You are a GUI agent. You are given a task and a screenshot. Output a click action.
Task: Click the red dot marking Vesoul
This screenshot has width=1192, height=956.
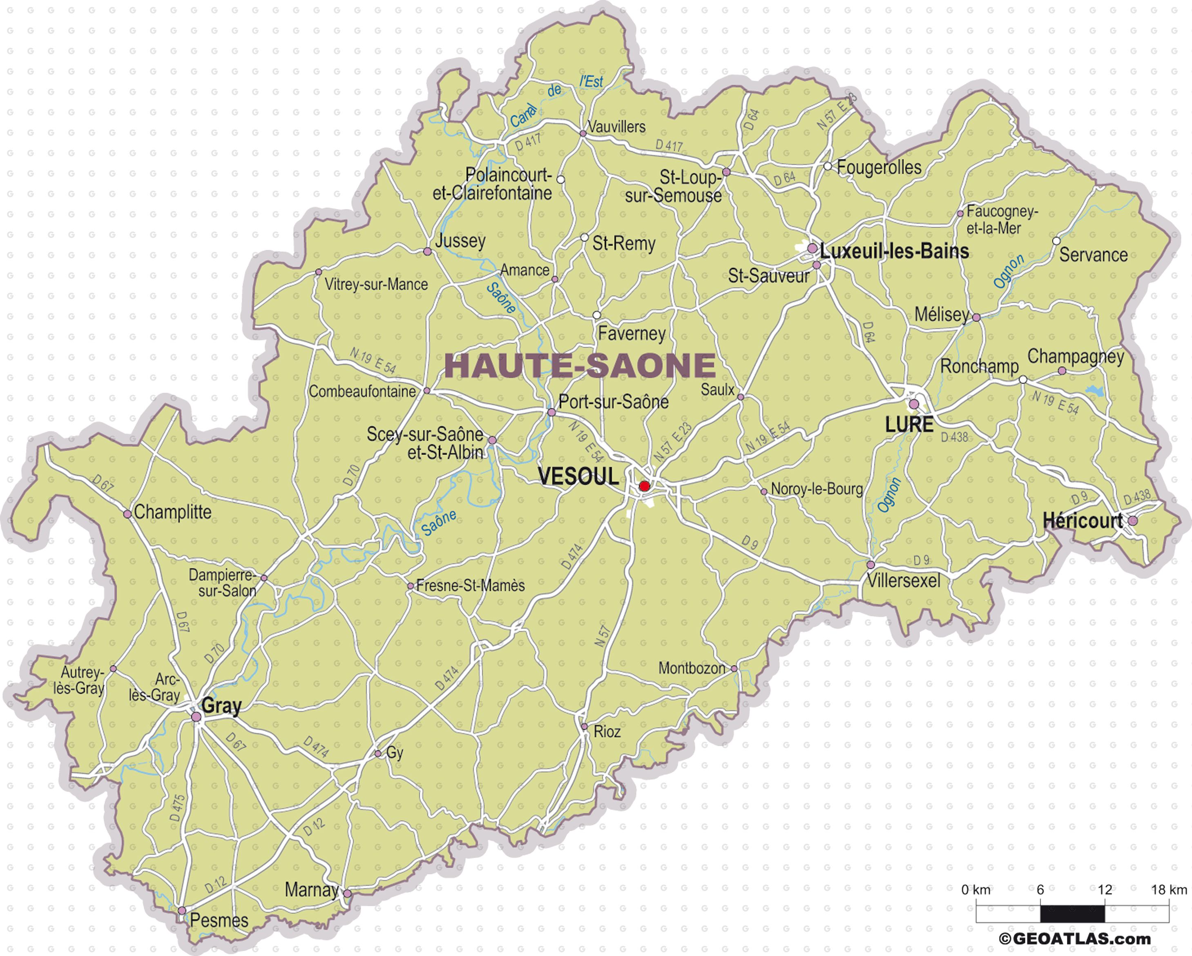(x=644, y=486)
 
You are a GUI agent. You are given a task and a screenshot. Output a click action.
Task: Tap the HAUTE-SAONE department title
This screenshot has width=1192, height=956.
(x=580, y=365)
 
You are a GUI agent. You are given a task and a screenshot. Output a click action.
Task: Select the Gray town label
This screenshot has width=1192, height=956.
(x=221, y=706)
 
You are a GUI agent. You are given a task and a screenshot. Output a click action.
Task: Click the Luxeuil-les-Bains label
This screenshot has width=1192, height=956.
(x=894, y=251)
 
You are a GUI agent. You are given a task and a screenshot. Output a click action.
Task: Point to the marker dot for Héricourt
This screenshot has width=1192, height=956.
(x=1133, y=520)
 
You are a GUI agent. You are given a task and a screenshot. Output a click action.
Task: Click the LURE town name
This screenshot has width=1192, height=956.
(x=909, y=425)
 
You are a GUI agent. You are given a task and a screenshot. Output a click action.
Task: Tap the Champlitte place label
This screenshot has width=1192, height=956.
(x=172, y=512)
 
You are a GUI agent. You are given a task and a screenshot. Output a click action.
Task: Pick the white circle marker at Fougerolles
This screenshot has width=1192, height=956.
(x=828, y=166)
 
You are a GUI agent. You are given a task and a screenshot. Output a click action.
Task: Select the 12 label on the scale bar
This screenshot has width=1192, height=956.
(x=1104, y=890)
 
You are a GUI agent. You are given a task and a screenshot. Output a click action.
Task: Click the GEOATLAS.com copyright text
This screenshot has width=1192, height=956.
(x=1075, y=938)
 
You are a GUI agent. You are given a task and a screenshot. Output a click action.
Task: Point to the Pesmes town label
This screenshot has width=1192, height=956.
(x=219, y=920)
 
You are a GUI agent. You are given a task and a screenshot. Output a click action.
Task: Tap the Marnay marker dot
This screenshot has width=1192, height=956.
(x=347, y=894)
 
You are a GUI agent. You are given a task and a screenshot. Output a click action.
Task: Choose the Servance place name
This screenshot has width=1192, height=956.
(x=1093, y=255)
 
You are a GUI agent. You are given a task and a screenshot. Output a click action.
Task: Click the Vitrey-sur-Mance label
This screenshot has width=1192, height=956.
(x=376, y=285)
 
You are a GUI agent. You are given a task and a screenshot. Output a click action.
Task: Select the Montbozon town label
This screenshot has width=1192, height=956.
(x=691, y=669)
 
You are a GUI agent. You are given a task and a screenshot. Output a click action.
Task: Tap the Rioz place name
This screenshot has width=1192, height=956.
(x=607, y=731)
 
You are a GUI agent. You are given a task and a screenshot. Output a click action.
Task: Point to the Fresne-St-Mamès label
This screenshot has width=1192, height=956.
(x=470, y=585)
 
